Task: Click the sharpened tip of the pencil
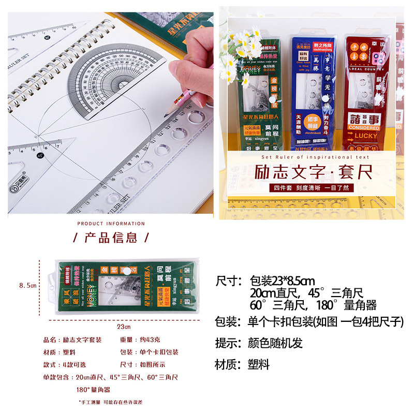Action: click(167, 114)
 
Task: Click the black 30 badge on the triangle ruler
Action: click(47, 38)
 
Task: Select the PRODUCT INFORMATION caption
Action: click(111, 224)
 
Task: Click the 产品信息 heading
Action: click(111, 238)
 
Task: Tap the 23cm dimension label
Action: click(123, 327)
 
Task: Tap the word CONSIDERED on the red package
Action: click(363, 127)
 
